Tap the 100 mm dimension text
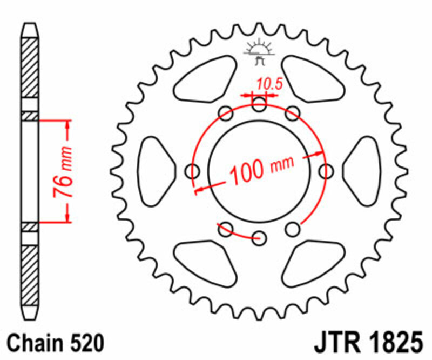tap(262, 169)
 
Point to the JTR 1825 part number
tap(367, 342)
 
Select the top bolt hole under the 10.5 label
tap(259, 105)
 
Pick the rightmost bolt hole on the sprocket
tap(326, 171)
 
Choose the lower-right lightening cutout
tap(313, 262)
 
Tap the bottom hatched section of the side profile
tap(30, 276)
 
